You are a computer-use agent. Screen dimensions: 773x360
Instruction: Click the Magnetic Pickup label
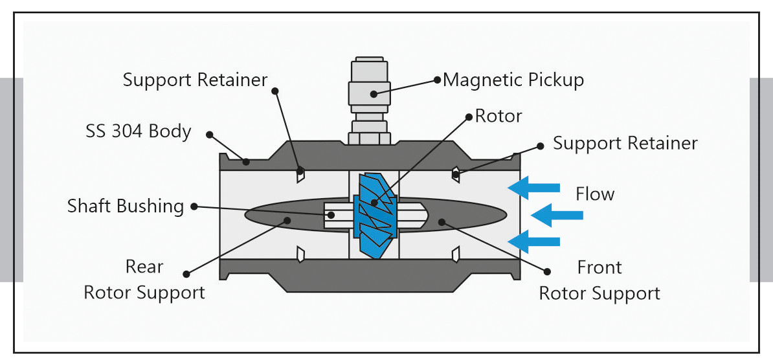pos(513,80)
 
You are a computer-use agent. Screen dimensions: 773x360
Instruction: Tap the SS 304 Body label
pos(138,131)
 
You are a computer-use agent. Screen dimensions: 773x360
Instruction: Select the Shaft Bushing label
pos(125,206)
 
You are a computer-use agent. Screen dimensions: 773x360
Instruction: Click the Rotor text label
pos(499,117)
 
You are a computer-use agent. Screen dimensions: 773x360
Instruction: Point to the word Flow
pos(595,194)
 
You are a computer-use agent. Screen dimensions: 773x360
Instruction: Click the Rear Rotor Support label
pos(144,280)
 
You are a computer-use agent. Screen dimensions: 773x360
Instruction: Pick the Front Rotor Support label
pos(599,280)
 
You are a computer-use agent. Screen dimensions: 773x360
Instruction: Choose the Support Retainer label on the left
pos(196,80)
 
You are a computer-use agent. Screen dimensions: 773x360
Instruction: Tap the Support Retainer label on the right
pos(625,144)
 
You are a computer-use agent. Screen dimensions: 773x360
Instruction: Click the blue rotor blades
pos(375,215)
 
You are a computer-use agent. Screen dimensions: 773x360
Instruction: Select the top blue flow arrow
pos(534,187)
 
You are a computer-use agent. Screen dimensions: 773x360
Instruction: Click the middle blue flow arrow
pos(557,215)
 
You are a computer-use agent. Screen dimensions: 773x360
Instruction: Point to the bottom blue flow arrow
pos(534,242)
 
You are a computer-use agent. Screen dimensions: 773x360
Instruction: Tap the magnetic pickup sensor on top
pos(370,95)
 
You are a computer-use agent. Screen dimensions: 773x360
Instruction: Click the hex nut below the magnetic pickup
pos(370,138)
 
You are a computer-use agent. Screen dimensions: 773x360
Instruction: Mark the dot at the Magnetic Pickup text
pos(437,80)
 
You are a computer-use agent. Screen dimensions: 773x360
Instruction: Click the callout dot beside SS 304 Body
pos(209,135)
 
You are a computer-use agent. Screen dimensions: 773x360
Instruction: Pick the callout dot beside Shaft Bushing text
pos(194,207)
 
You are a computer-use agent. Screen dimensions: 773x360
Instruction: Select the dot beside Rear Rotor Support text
pos(186,274)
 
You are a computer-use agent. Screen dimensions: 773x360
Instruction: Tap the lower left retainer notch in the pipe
pos(300,254)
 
